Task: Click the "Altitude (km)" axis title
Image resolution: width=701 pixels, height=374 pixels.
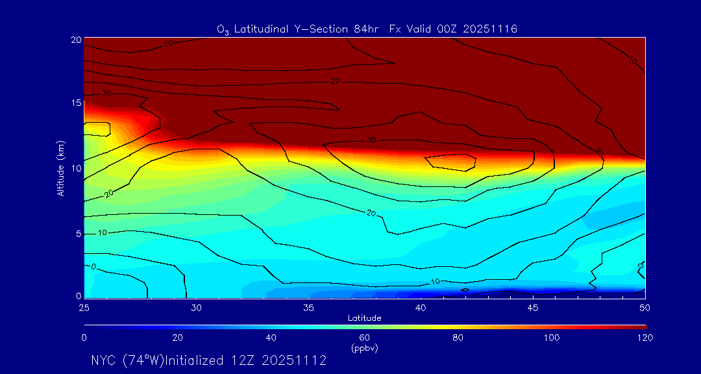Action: [x=60, y=168]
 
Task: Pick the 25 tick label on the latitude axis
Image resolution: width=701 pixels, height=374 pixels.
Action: [x=84, y=307]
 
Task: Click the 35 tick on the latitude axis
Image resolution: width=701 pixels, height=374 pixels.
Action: [x=309, y=307]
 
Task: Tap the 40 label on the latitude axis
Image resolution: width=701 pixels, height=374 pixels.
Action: [x=421, y=307]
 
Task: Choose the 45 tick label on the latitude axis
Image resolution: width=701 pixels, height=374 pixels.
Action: [x=533, y=307]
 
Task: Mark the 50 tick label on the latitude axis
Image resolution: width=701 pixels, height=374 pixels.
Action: [x=645, y=307]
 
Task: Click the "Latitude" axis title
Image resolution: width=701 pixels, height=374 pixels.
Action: [x=365, y=318]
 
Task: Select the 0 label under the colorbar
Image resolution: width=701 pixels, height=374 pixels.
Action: [x=84, y=338]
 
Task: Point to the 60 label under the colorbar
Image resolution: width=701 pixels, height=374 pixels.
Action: [x=365, y=338]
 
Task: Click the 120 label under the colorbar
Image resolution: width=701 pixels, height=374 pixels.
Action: [x=645, y=338]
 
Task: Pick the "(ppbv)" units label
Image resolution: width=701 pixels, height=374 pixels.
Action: [x=365, y=348]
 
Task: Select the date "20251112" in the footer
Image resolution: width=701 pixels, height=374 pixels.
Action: [x=295, y=360]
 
